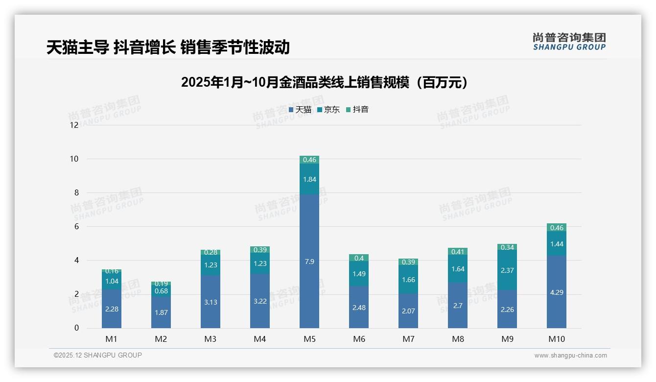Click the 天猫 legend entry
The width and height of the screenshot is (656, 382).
click(300, 110)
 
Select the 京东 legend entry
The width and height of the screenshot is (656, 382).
click(328, 110)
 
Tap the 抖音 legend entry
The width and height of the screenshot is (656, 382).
click(357, 110)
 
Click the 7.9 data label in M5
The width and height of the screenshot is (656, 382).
click(309, 262)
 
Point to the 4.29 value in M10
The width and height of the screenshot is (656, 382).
click(557, 292)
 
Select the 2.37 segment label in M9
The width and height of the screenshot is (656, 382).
click(507, 270)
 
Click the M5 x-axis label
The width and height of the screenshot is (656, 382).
click(309, 339)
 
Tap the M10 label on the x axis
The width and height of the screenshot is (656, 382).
click(557, 339)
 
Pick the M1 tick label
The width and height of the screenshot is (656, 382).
click(111, 339)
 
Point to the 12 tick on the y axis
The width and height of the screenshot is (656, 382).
click(74, 125)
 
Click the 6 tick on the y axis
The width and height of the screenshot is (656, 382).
click(76, 226)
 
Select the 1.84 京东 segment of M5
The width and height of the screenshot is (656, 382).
click(309, 179)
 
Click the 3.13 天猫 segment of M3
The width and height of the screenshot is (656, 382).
click(211, 302)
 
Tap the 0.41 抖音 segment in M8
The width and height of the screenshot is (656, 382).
click(458, 251)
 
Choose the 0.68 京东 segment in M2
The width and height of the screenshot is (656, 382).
click(161, 291)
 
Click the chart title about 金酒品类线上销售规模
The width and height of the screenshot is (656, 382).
click(325, 83)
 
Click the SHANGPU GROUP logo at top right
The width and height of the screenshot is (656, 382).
click(569, 41)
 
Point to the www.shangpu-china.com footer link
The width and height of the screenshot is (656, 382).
click(570, 356)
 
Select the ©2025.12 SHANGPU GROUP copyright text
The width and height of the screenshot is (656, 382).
click(98, 356)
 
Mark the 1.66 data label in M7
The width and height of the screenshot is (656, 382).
click(408, 280)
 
